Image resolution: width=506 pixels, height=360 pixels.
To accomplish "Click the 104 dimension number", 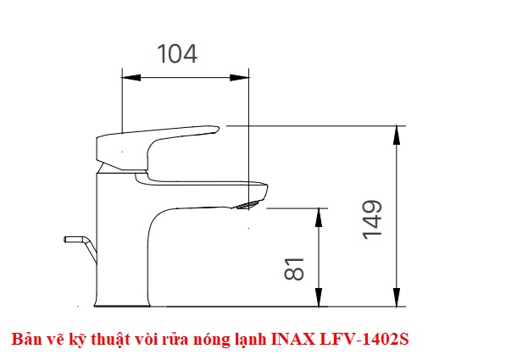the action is click(x=177, y=53).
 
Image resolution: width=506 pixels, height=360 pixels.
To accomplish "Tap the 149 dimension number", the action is click(x=372, y=219).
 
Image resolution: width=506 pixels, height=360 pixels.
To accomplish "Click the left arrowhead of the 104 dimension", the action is click(x=131, y=77).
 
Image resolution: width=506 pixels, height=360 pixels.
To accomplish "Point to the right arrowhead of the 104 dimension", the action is click(x=240, y=77).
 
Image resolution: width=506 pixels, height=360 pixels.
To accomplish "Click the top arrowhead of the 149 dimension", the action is click(x=397, y=136).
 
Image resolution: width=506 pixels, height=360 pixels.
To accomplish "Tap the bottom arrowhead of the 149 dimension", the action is click(x=397, y=296).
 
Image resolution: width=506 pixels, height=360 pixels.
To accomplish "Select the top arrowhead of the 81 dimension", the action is click(x=319, y=218).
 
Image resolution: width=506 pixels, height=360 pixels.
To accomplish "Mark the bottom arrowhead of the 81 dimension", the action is click(x=319, y=296).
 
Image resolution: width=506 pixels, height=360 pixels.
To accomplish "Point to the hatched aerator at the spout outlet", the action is click(x=247, y=205).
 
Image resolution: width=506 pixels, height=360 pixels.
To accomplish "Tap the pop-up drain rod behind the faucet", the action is click(x=81, y=246).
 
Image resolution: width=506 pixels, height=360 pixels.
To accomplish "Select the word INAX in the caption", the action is click(x=293, y=340).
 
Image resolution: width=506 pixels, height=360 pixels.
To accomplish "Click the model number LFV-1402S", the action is click(x=364, y=340).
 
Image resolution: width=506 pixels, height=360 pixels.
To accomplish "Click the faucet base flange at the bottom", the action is click(x=122, y=305).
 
